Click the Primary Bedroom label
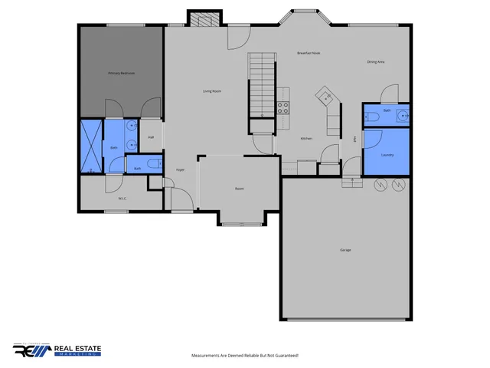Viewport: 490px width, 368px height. click(121, 73)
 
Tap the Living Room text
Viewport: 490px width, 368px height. click(212, 91)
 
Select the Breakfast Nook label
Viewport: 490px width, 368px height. click(309, 53)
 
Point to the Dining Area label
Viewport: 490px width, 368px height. click(375, 61)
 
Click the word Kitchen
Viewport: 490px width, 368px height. click(306, 138)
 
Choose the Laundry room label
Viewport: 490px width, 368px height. click(387, 155)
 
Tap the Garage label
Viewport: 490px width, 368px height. click(345, 250)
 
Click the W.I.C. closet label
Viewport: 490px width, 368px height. click(122, 199)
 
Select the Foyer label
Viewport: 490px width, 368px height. click(181, 169)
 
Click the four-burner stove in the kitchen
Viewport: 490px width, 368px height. click(283, 108)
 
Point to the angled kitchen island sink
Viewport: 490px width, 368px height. click(325, 96)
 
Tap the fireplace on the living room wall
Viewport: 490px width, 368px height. click(204, 18)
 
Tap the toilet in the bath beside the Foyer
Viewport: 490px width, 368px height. click(154, 163)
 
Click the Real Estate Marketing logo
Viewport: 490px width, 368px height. click(57, 350)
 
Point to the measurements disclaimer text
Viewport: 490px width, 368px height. click(244, 356)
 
